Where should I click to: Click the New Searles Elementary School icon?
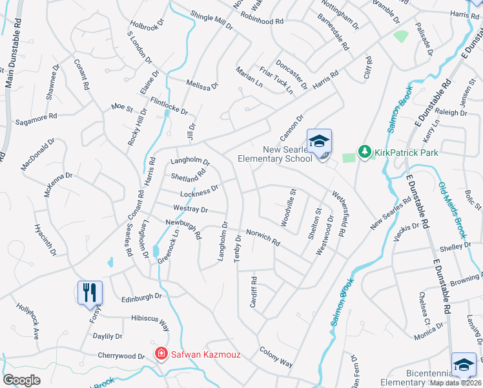coord(320,142)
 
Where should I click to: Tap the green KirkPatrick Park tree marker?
coord(364,152)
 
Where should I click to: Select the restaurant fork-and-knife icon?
coord(90,292)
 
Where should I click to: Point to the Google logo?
coord(21,380)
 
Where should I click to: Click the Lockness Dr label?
coord(200,191)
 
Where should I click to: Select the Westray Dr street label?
coord(190,210)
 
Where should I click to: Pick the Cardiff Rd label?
coord(254,293)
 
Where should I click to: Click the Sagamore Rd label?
coord(36,118)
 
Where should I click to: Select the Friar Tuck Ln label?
coord(282,81)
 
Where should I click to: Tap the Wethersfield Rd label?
coord(338,213)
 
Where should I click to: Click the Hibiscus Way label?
coord(145,319)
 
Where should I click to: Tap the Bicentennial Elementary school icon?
coord(464,365)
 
